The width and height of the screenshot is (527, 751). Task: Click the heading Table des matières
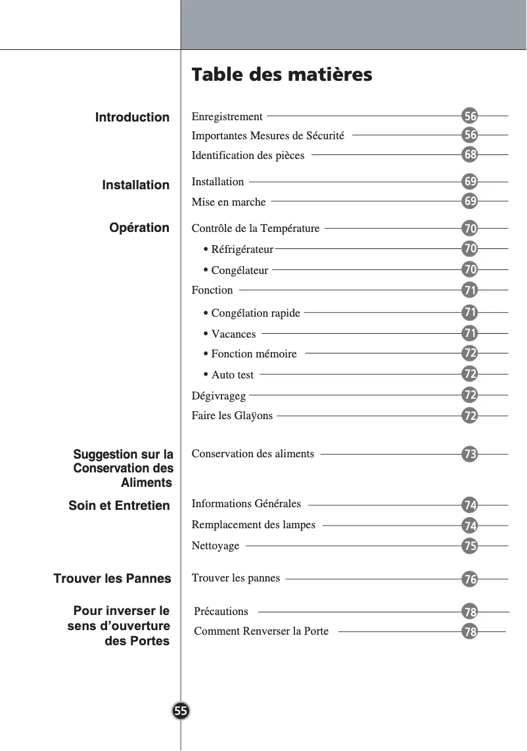point(281,75)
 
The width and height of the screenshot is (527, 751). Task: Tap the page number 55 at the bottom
point(181,711)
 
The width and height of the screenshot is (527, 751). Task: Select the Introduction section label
point(132,118)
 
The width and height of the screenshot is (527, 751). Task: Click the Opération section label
point(139,228)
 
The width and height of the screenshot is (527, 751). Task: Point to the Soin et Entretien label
point(119,506)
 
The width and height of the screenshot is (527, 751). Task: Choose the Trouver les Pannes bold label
point(112,579)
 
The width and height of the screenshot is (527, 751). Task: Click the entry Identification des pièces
point(248,156)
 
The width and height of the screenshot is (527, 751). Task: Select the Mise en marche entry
point(229,202)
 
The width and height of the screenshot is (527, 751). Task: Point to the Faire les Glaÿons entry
point(232,416)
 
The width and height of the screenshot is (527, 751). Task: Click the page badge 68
point(469,155)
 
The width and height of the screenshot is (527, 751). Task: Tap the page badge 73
point(469,454)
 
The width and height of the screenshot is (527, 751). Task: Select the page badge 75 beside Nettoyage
point(469,546)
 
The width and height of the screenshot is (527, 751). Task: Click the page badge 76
point(469,580)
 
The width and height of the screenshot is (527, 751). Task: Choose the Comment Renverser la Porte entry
point(261,631)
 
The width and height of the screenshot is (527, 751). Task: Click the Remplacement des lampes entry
point(253,525)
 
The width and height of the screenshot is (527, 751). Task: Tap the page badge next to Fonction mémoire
point(469,353)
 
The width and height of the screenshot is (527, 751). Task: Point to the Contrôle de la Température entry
point(255,229)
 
